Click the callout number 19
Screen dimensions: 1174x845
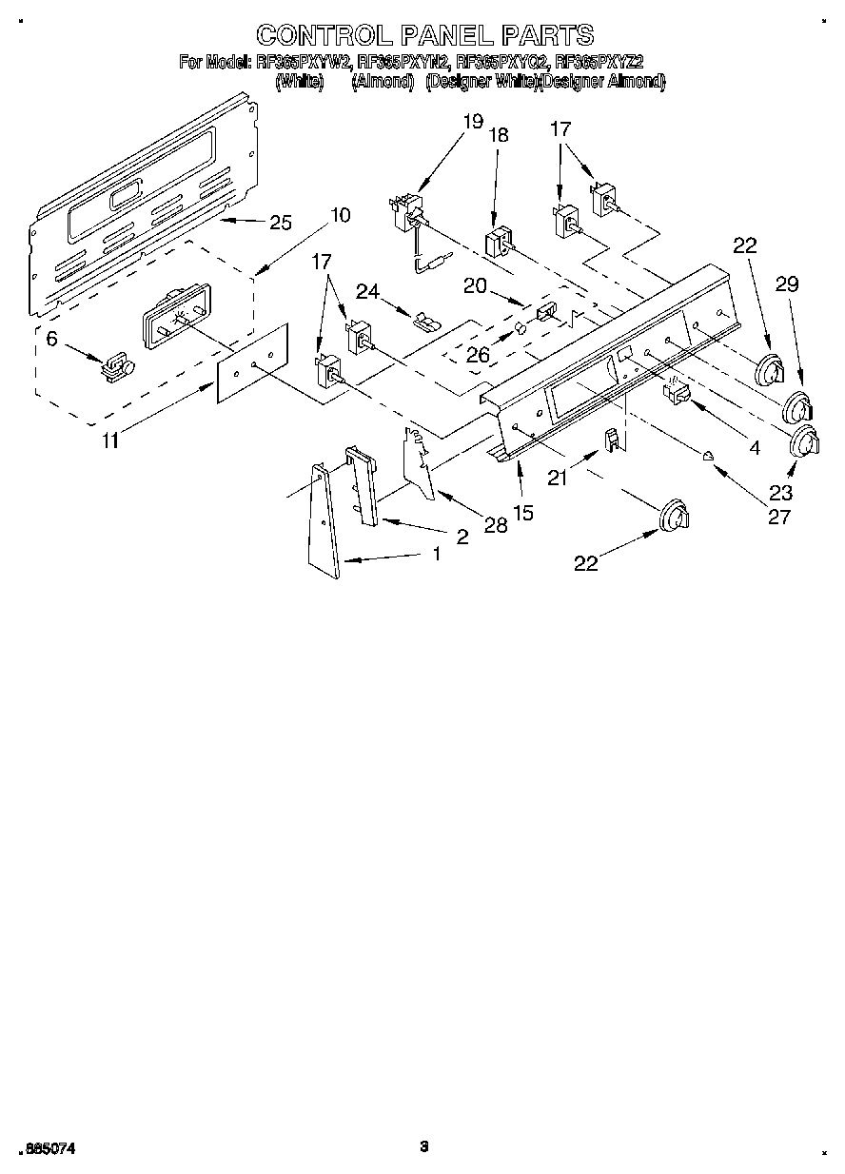pyautogui.click(x=473, y=121)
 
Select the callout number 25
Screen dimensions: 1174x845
pyautogui.click(x=281, y=224)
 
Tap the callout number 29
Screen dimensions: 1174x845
pyautogui.click(x=786, y=284)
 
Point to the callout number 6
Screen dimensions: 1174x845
pyautogui.click(x=51, y=338)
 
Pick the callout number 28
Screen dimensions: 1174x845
pyautogui.click(x=495, y=524)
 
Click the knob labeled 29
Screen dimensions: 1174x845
pyautogui.click(x=796, y=410)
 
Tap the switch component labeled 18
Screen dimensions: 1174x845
pyautogui.click(x=498, y=243)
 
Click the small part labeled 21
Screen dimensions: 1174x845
pyautogui.click(x=615, y=440)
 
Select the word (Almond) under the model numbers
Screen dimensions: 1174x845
pyautogui.click(x=383, y=82)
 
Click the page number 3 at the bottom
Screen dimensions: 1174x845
pyautogui.click(x=423, y=1145)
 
